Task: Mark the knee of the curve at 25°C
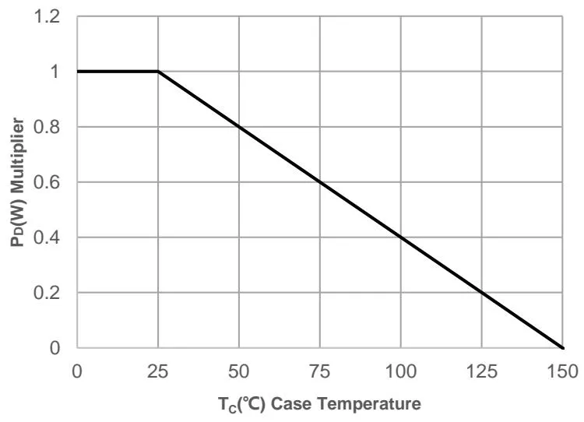(x=158, y=72)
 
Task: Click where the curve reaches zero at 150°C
(x=562, y=348)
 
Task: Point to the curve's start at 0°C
(x=77, y=72)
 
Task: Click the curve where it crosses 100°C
(x=400, y=237)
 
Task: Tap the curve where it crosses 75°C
(x=320, y=182)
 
